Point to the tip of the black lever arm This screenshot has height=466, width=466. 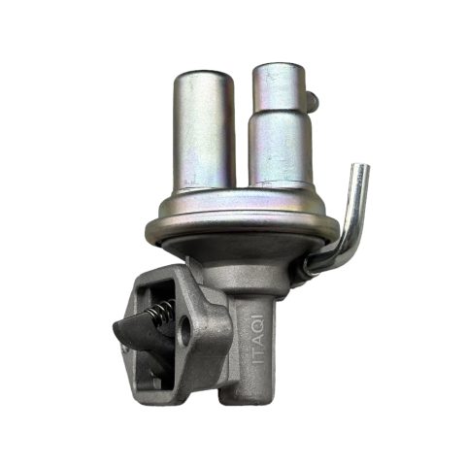coord(116,327)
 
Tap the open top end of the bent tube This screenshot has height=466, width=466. coord(361,168)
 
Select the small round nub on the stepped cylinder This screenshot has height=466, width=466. coord(314,100)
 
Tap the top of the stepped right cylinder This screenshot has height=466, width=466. coord(278,69)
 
